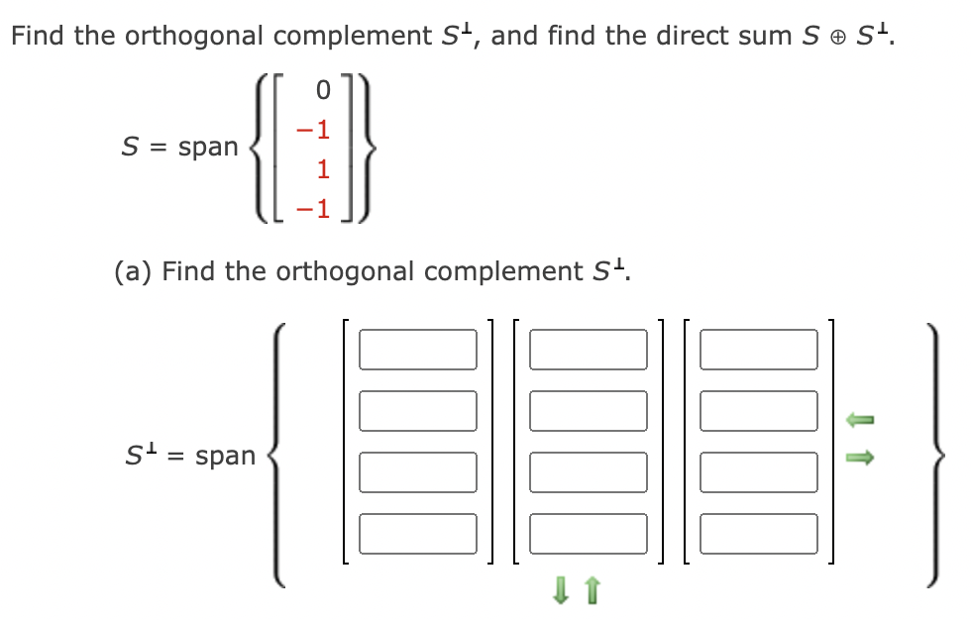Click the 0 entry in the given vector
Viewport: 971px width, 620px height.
(322, 90)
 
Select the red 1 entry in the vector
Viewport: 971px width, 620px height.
(323, 169)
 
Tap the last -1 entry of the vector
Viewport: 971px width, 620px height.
(317, 209)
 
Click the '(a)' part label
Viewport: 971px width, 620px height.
(134, 270)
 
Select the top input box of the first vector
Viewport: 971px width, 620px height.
(417, 349)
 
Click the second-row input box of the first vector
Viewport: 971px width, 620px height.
(417, 410)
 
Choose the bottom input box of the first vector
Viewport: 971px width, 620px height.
(417, 533)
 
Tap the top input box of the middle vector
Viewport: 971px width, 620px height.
(588, 349)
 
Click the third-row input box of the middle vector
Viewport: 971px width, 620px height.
(588, 471)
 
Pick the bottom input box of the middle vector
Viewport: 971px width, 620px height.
(588, 533)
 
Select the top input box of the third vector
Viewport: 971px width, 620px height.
(758, 349)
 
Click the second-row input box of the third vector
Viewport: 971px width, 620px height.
(758, 410)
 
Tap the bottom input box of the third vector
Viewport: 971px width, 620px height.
(758, 533)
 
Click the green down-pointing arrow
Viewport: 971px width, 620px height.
(560, 594)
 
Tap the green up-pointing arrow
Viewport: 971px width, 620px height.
(593, 594)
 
